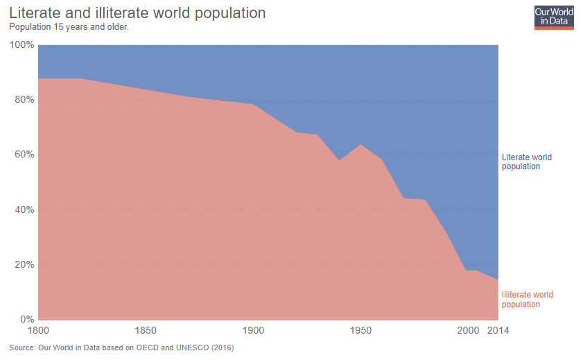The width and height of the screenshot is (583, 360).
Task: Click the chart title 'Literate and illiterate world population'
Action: click(137, 13)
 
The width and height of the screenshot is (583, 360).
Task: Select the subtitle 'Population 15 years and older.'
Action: click(68, 27)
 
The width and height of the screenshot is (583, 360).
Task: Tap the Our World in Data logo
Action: click(554, 17)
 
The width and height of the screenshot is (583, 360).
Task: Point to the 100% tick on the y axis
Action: click(21, 45)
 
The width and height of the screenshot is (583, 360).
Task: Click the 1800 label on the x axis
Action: click(39, 330)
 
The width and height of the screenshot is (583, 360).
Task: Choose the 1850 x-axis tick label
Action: click(146, 330)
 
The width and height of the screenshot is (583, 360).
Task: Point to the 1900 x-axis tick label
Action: click(253, 330)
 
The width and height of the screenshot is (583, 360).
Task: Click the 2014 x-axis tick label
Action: click(498, 330)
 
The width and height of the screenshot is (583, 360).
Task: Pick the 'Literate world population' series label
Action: click(527, 162)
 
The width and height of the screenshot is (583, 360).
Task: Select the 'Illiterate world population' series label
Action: click(527, 300)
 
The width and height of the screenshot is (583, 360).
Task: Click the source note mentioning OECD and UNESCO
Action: click(121, 348)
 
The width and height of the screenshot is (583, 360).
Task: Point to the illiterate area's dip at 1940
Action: click(339, 160)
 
